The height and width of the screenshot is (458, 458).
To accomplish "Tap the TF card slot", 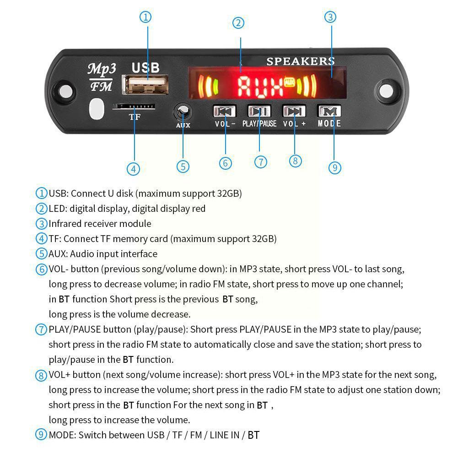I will pos(134,107).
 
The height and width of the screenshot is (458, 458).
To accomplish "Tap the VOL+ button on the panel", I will pos(294,111).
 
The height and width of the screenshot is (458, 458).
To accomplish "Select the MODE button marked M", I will pos(329,111).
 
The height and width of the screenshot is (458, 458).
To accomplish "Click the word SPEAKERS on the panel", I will pos(300,61).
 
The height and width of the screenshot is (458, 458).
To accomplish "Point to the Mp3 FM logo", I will pos(102,77).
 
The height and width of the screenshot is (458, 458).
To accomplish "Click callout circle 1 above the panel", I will pos(145,17).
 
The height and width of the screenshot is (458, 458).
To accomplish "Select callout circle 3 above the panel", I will pos(330,17).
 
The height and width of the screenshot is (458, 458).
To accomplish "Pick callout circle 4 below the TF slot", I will pos(133,169).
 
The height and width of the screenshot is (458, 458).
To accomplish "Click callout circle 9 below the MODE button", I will pos(335,168).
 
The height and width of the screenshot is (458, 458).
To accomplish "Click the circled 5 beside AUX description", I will pos(42,254).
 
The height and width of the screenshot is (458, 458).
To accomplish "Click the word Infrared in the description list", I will pos(65,224).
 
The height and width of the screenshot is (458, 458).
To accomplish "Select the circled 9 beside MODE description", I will pos(42,435).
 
